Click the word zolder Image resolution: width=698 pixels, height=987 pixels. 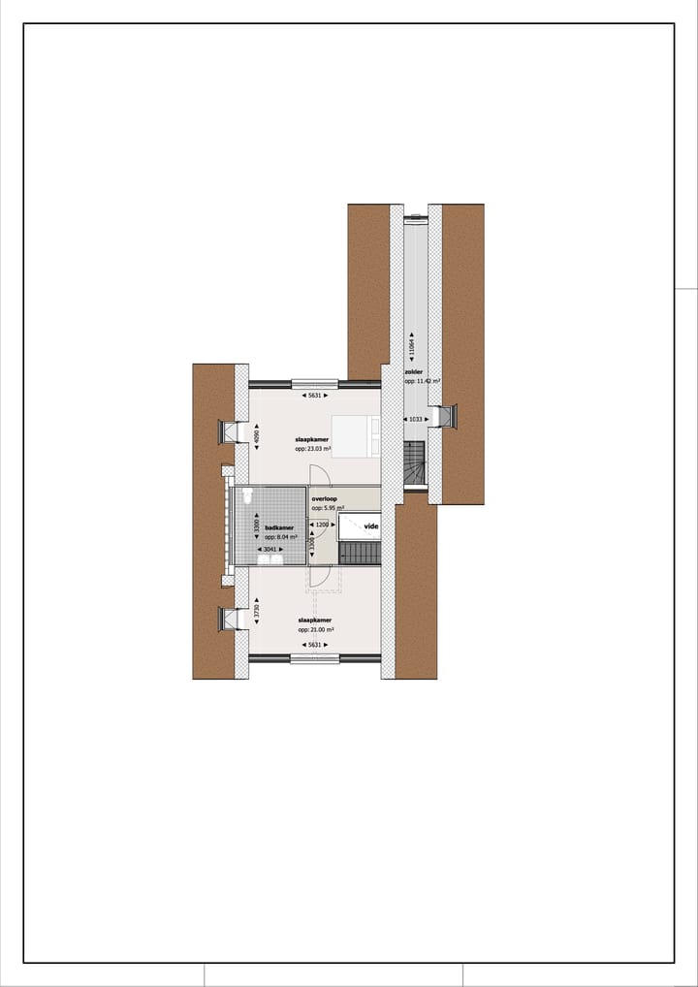(x=414, y=371)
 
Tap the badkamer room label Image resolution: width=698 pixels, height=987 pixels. (x=279, y=528)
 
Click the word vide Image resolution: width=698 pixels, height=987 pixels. (x=371, y=526)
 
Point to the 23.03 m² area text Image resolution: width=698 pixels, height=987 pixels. (x=314, y=449)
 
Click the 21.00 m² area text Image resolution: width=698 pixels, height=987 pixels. (x=315, y=628)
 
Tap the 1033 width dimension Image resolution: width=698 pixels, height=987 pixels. (x=415, y=419)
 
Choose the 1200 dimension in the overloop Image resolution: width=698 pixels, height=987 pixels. (x=322, y=525)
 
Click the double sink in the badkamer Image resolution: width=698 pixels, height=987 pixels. (x=273, y=559)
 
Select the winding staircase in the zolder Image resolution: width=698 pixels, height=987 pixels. (x=414, y=462)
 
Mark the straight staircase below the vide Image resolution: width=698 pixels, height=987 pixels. (x=360, y=554)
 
